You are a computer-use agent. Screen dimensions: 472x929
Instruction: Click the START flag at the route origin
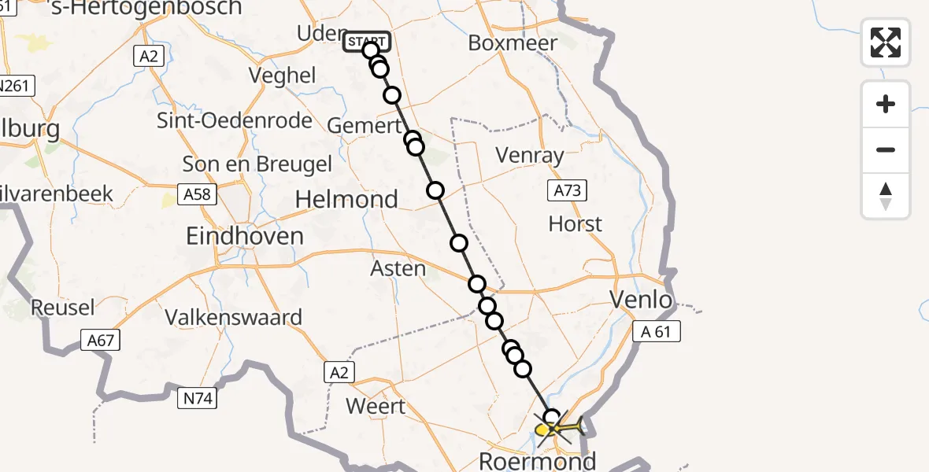tap(366, 41)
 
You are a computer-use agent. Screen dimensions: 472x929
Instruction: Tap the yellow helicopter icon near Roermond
tap(561, 428)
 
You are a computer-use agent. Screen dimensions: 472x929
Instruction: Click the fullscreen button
tap(886, 42)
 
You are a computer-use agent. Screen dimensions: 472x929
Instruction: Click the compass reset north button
tap(886, 196)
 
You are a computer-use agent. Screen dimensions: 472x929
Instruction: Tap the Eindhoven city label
tap(245, 235)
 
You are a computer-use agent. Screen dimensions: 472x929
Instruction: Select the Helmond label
tap(346, 199)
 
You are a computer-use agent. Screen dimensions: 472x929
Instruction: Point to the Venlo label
tap(642, 299)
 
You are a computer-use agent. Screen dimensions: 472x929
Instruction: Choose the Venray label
tap(530, 155)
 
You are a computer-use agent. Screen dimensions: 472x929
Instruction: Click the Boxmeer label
tap(513, 42)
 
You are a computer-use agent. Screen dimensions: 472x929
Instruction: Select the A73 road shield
tap(567, 190)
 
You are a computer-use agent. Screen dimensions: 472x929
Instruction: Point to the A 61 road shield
tap(657, 332)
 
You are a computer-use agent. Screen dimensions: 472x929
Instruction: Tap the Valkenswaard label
tap(234, 318)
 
